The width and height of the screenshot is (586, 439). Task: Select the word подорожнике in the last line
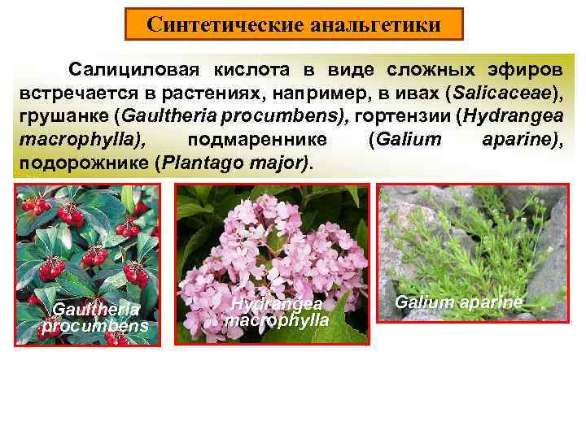click(x=81, y=163)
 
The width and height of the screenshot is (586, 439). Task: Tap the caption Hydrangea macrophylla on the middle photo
click(x=278, y=311)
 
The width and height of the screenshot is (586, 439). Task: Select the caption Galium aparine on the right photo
click(x=459, y=302)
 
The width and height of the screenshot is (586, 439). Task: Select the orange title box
click(x=294, y=24)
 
